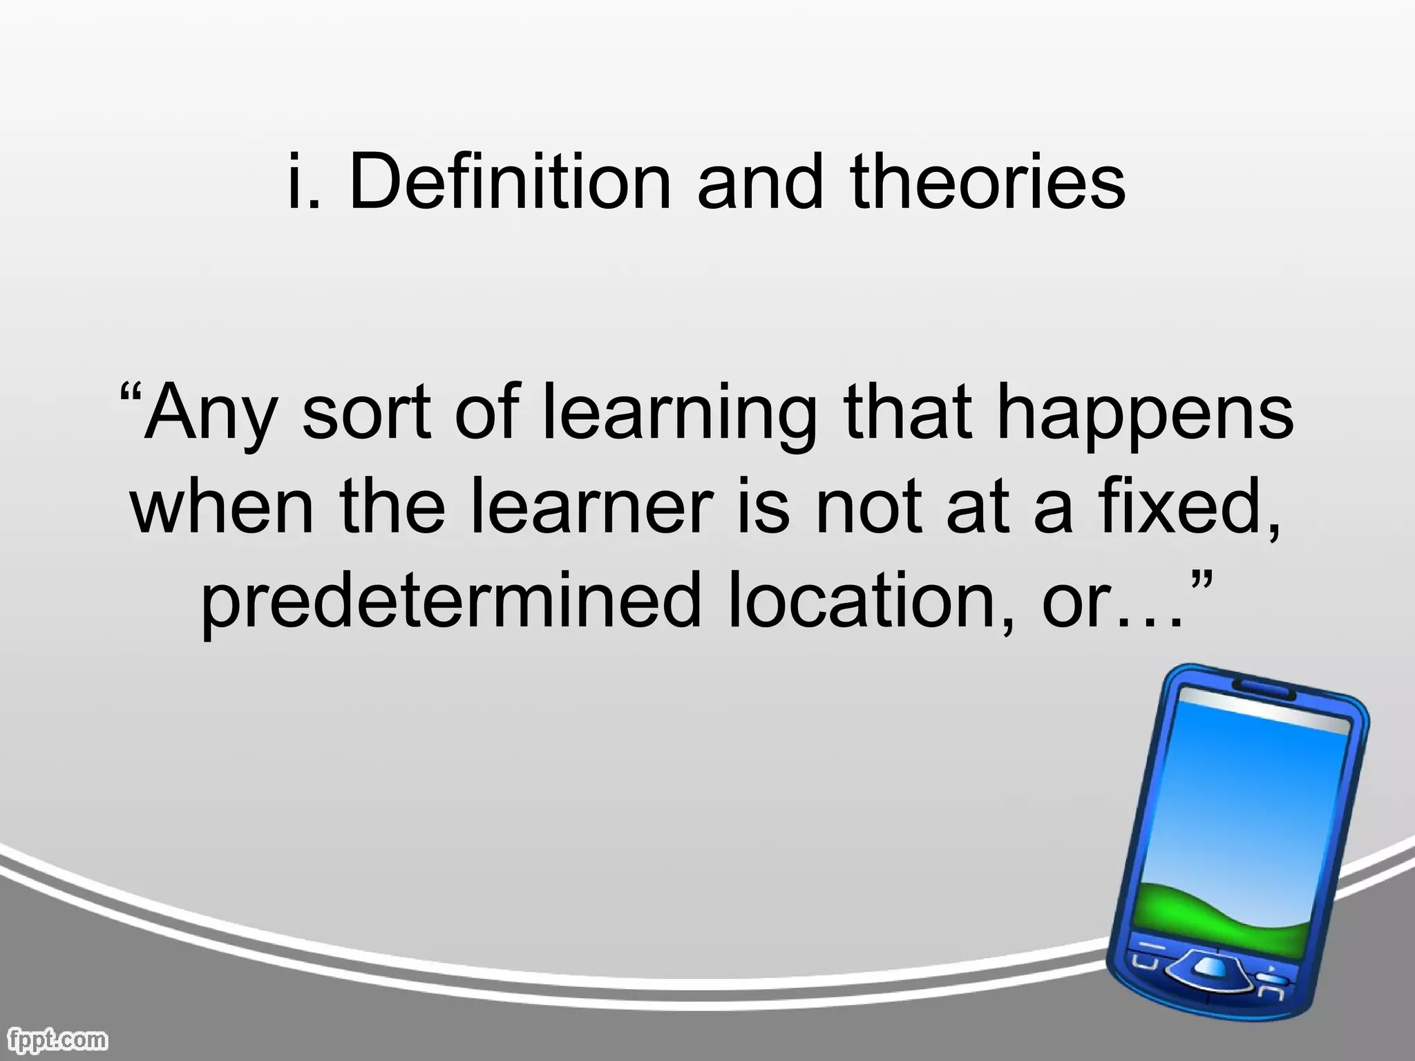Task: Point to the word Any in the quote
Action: click(x=207, y=414)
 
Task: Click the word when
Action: click(x=221, y=508)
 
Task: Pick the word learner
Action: click(x=591, y=508)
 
